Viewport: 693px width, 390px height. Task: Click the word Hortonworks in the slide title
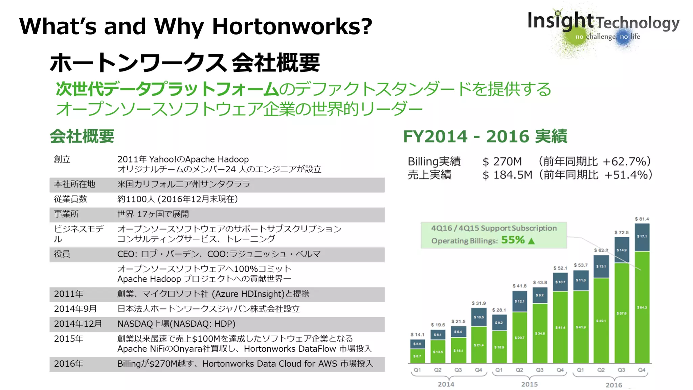click(x=292, y=26)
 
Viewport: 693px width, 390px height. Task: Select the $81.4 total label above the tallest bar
click(x=642, y=219)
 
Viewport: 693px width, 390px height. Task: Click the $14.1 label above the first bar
click(x=417, y=334)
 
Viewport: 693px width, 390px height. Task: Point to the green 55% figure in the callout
click(x=513, y=240)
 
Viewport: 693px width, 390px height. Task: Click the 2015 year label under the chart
click(x=529, y=384)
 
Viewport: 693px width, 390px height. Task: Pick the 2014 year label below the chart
click(x=446, y=384)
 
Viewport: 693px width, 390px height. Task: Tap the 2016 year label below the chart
click(x=613, y=385)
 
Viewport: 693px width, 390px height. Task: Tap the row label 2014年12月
click(x=78, y=324)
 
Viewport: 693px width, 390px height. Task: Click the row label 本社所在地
click(x=74, y=184)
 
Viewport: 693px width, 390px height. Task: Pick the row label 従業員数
click(x=70, y=199)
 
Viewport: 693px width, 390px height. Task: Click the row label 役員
click(x=62, y=254)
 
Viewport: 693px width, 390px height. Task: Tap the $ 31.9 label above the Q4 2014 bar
click(x=478, y=303)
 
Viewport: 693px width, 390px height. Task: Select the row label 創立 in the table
click(x=62, y=159)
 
